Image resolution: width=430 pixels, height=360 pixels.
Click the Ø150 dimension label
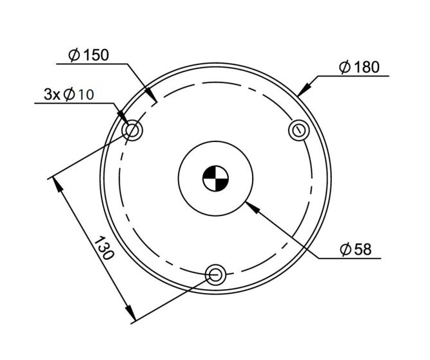click(89, 55)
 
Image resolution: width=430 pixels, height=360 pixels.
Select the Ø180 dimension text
click(359, 67)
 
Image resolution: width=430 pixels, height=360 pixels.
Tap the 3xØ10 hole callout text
click(69, 94)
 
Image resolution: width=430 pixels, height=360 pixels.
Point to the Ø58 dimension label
click(355, 249)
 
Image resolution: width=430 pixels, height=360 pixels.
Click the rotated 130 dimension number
click(103, 248)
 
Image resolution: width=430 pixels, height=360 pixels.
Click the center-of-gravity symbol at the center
click(215, 179)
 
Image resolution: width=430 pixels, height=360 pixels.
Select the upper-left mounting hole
click(132, 130)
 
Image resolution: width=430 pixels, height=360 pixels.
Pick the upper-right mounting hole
click(299, 130)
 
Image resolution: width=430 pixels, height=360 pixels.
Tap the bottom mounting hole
click(215, 274)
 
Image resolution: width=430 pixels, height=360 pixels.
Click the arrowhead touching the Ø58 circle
click(251, 207)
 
